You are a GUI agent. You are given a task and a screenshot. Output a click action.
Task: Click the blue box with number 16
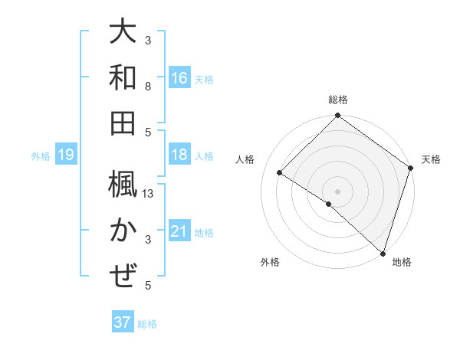coord(179,77)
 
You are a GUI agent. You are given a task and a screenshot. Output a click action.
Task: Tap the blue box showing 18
coord(179,155)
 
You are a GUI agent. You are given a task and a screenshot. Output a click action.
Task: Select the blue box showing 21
coord(179,231)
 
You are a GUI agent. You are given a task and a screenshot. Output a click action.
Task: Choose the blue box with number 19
coord(66,155)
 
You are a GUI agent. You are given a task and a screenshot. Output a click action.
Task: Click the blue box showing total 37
coord(122,322)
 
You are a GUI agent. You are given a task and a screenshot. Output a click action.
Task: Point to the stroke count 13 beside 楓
coord(149,195)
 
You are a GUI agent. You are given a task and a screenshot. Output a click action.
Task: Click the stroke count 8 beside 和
coord(148,86)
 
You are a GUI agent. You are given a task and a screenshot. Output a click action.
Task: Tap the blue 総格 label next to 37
coord(147,324)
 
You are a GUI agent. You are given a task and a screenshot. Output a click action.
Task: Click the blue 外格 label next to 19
coord(41,156)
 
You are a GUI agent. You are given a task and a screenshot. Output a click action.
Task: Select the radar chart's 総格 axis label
coord(337,100)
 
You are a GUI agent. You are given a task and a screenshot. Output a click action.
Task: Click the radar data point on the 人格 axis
coord(280,173)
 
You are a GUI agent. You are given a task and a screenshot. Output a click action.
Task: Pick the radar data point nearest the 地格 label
coord(383,253)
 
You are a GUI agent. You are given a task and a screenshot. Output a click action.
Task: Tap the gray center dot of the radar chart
coord(337,191)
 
